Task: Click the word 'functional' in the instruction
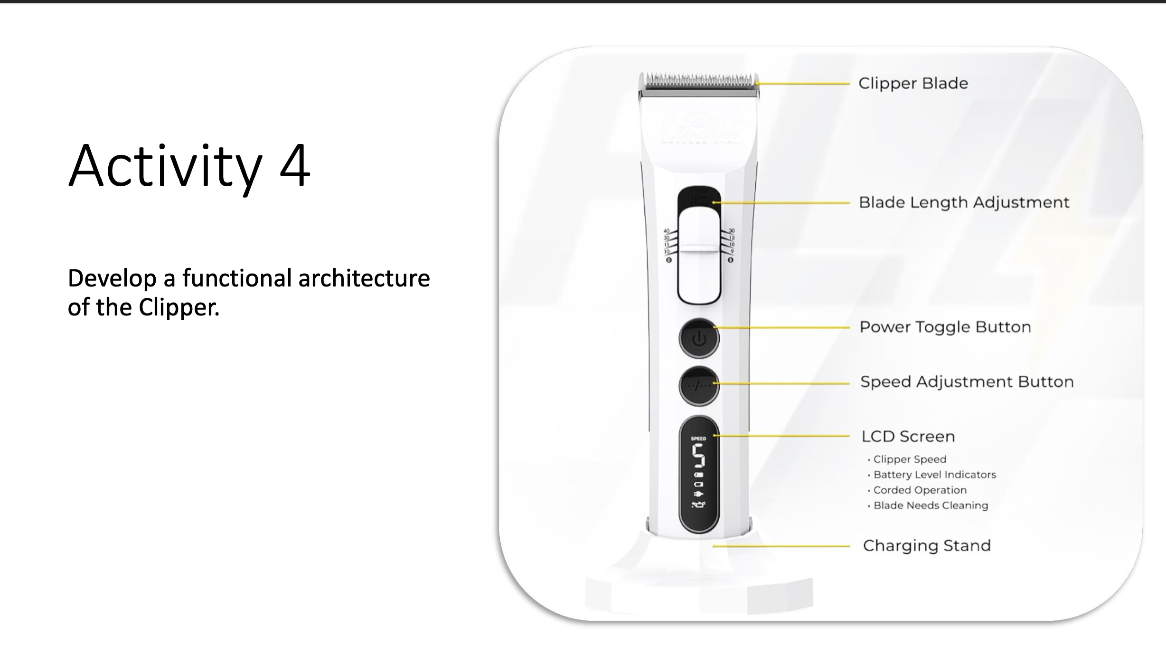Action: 236,278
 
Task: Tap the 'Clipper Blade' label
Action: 913,84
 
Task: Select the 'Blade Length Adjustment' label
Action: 964,203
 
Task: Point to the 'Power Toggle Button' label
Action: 945,327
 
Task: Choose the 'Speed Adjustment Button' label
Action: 967,382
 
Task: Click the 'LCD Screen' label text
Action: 908,437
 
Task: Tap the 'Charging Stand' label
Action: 926,546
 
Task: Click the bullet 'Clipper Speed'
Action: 909,459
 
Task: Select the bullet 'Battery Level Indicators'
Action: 934,475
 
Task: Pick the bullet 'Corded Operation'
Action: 920,490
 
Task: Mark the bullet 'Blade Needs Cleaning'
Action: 931,505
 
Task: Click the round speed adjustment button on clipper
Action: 698,385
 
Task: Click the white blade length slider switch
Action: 699,257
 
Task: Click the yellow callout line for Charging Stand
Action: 781,546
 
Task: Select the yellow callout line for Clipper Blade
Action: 802,84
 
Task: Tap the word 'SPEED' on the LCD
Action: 698,438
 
